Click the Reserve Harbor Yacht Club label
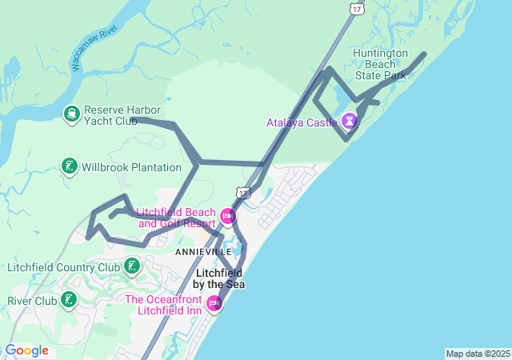122,115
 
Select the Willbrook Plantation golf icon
70,167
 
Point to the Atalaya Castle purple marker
349,122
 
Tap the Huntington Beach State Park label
380,64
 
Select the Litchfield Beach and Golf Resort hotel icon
227,215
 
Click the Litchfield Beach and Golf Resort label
176,218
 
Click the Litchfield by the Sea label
219,278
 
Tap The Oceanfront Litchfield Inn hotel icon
214,303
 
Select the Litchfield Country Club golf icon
130,266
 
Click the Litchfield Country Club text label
63,267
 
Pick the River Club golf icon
70,300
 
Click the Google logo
26,350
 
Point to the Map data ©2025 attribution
478,354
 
